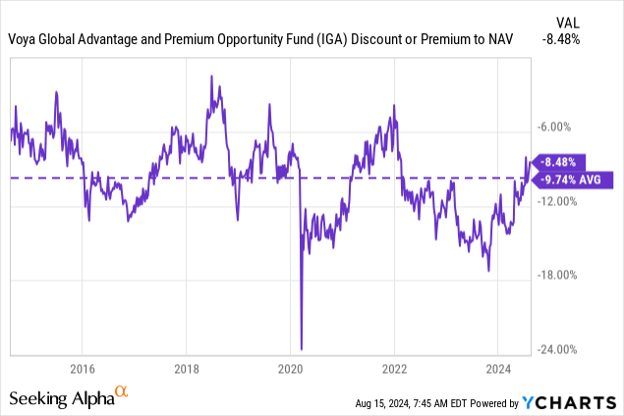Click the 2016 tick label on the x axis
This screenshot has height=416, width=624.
click(82, 369)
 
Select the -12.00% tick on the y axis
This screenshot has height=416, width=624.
click(558, 201)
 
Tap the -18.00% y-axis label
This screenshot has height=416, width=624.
click(558, 276)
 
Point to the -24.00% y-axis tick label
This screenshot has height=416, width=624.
click(558, 350)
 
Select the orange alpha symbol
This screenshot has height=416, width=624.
click(122, 392)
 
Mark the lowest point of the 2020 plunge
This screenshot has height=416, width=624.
click(301, 348)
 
